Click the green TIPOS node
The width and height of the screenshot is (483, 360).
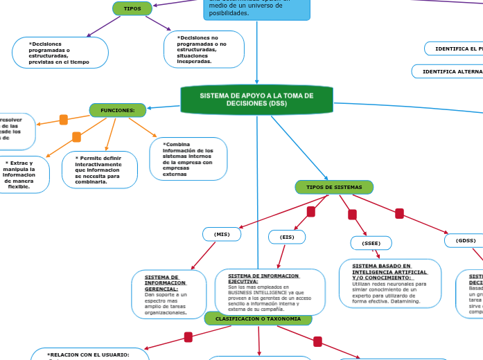[x=132, y=8]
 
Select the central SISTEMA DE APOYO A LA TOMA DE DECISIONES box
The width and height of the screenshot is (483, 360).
[x=256, y=100]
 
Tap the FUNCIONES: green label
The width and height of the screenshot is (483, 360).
[x=118, y=110]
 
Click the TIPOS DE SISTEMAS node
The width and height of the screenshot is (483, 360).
[x=334, y=188]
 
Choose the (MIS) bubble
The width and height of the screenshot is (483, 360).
[x=222, y=235]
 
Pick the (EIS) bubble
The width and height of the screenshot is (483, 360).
[x=287, y=237]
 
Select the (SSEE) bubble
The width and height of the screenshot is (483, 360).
[x=371, y=243]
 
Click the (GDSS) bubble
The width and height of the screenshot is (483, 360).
[x=465, y=241]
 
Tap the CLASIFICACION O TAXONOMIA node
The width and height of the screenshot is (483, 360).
[x=258, y=318]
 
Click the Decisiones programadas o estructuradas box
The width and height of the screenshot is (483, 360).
[x=60, y=53]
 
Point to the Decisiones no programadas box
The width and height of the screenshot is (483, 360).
[x=204, y=49]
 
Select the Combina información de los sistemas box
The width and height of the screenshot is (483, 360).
[x=188, y=159]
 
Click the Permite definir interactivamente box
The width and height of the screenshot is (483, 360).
[x=100, y=170]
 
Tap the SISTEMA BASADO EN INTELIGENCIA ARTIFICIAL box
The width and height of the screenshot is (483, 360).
[x=390, y=283]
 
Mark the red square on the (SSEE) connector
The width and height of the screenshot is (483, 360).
[x=352, y=215]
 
